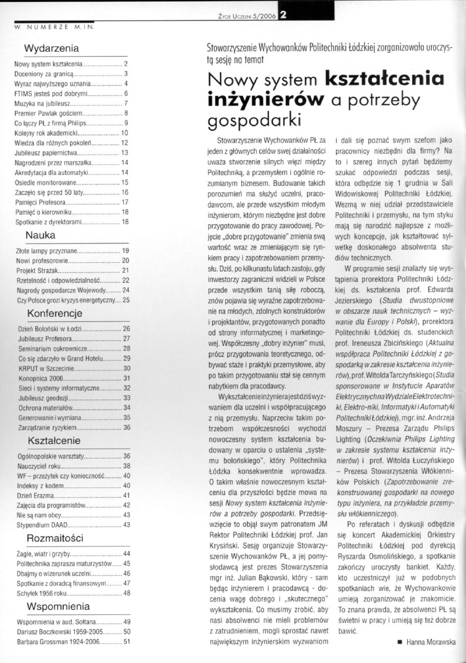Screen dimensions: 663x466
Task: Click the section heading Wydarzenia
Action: pos(51,49)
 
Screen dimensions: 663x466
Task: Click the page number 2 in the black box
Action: pos(283,14)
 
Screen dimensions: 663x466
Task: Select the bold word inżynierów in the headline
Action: pos(266,100)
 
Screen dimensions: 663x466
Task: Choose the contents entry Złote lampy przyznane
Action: pos(47,251)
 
